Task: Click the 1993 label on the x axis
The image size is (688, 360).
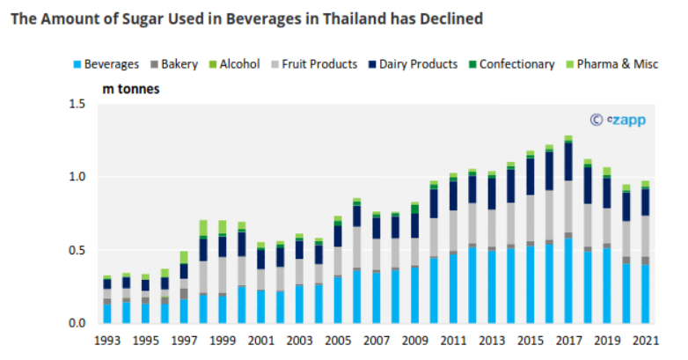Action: click(x=107, y=341)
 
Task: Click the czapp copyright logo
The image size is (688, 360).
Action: click(x=617, y=120)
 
